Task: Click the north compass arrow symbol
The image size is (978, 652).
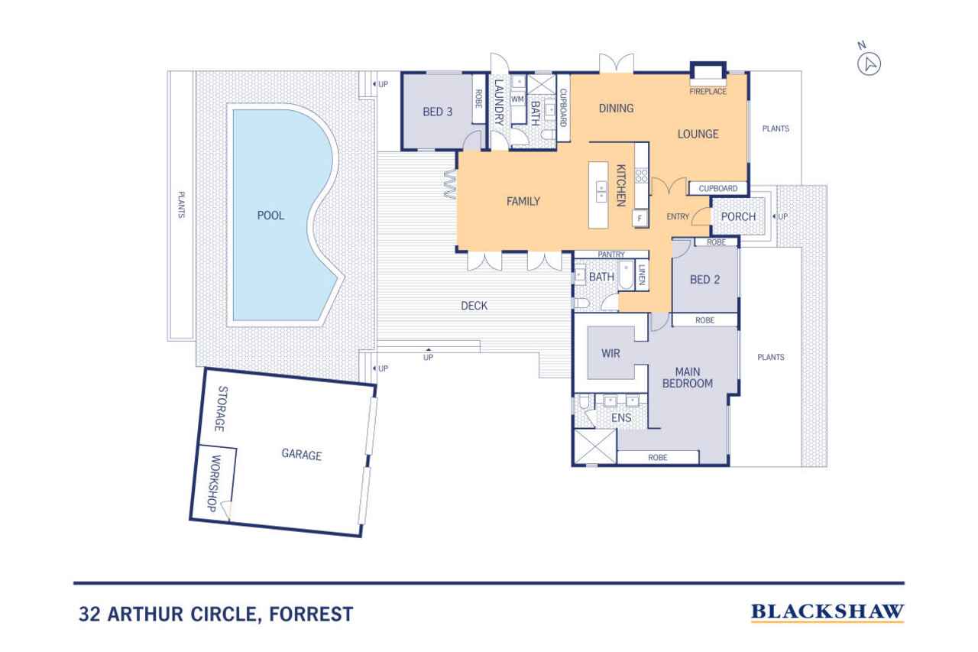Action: (x=869, y=65)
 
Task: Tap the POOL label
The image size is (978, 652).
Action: (x=270, y=216)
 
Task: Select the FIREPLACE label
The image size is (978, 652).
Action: (x=708, y=91)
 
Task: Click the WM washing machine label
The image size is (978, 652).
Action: (x=517, y=99)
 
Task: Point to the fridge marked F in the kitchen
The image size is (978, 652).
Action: (x=640, y=219)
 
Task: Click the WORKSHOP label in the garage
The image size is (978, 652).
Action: (x=215, y=483)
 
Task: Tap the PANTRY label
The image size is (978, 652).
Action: (x=610, y=255)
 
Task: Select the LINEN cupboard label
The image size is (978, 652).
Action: (x=641, y=274)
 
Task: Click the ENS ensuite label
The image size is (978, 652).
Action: (x=621, y=418)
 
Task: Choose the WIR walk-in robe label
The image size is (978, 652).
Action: (x=610, y=353)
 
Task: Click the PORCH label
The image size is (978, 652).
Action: (x=738, y=216)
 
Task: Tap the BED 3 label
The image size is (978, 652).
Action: (x=438, y=112)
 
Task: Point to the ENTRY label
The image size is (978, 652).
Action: (x=678, y=216)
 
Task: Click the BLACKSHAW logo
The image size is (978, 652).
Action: (x=827, y=611)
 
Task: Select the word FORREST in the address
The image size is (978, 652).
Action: (x=311, y=614)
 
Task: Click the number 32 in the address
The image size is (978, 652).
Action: (x=89, y=614)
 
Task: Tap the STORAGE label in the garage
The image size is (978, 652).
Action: (x=222, y=409)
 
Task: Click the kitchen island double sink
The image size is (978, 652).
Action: (x=601, y=191)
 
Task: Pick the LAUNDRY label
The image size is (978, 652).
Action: (x=499, y=102)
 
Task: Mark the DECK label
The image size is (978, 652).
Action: (x=474, y=306)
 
